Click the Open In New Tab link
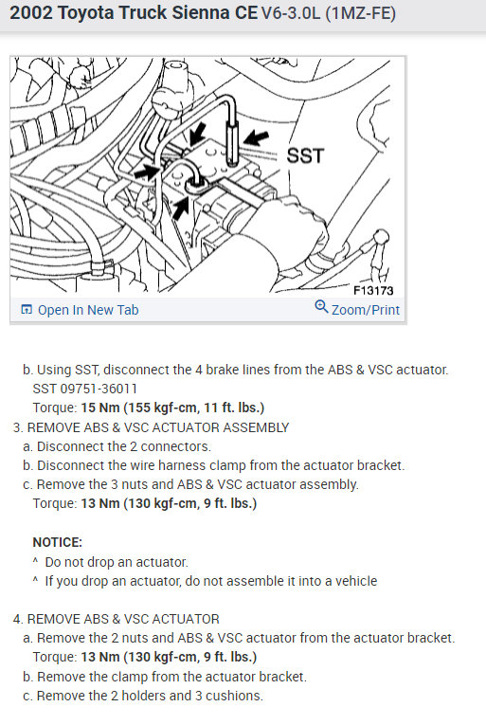click(x=87, y=310)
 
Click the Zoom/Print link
click(x=365, y=310)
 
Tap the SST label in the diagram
click(x=305, y=155)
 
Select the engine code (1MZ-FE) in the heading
click(x=352, y=14)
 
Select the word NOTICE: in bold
click(x=58, y=542)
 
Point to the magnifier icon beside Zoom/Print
click(x=321, y=309)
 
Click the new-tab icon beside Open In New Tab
click(x=26, y=310)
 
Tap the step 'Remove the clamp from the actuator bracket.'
click(x=165, y=677)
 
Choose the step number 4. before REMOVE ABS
click(x=18, y=619)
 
